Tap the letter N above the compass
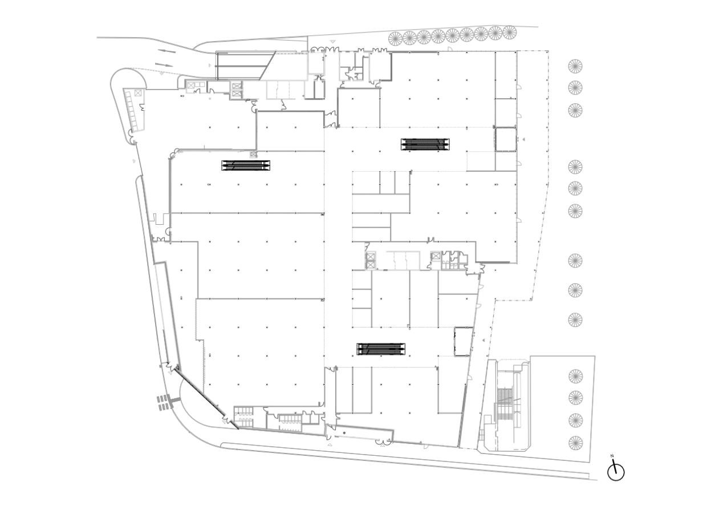point(612,456)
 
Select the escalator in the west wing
point(246,165)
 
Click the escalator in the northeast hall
point(425,144)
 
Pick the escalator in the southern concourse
point(381,349)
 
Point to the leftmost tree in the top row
point(395,38)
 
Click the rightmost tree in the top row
point(509,32)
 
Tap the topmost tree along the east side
point(575,66)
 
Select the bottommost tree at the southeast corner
point(575,443)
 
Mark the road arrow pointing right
point(164,65)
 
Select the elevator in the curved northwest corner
point(138,93)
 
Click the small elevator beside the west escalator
point(253,154)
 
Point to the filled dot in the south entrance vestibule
point(344,432)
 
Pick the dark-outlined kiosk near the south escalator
point(464,342)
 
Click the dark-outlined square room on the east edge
point(506,139)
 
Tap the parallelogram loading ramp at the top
point(246,66)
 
